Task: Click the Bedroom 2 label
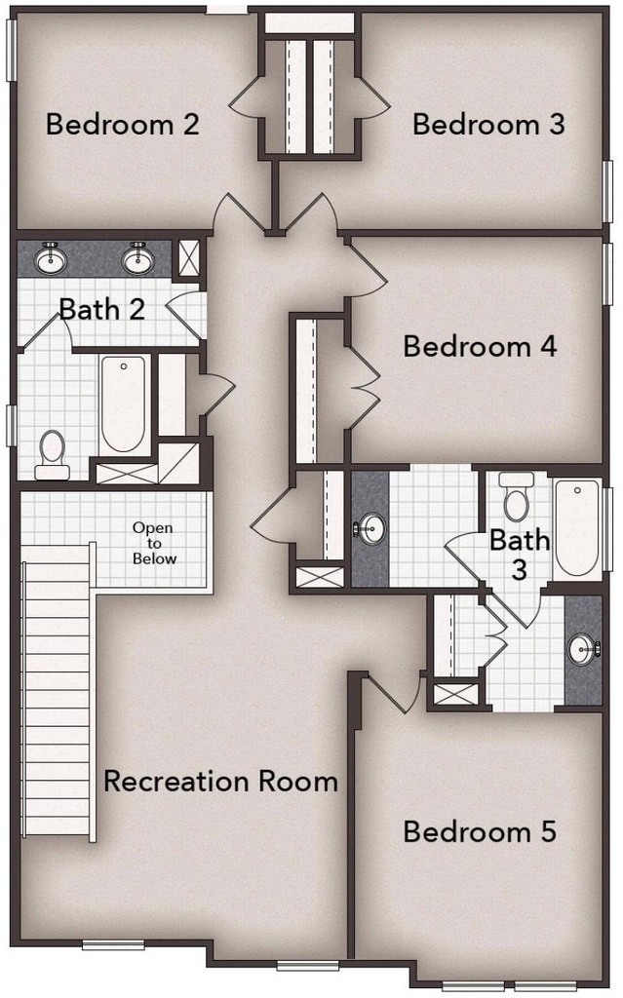[123, 124]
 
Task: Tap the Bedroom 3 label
[488, 124]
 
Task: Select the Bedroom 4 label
[481, 346]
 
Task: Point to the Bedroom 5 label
[481, 831]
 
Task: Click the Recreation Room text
[220, 781]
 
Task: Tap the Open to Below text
[153, 543]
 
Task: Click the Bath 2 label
[102, 309]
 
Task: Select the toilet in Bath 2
[53, 454]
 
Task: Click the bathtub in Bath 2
[123, 404]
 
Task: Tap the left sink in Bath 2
[51, 257]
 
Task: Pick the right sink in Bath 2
[137, 257]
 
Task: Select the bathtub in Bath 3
[577, 528]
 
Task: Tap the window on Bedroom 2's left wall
[11, 51]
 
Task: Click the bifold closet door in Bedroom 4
[364, 384]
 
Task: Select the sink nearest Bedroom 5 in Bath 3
[583, 649]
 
